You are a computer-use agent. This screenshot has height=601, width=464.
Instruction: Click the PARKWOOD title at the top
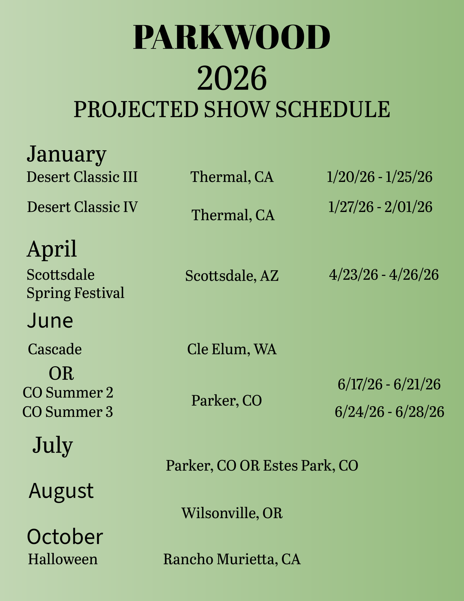pyautogui.click(x=232, y=37)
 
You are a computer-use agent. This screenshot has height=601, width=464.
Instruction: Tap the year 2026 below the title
pyautogui.click(x=232, y=78)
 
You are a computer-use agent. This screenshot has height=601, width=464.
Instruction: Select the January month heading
pyautogui.click(x=67, y=154)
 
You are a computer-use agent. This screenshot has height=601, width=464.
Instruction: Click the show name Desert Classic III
pyautogui.click(x=82, y=177)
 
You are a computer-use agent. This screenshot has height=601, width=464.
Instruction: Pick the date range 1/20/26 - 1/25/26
pyautogui.click(x=379, y=177)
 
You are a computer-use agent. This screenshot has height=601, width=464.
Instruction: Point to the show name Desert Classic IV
pyautogui.click(x=82, y=207)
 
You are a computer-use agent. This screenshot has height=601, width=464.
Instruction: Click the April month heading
pyautogui.click(x=52, y=249)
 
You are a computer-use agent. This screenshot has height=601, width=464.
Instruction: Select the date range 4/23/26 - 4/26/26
pyautogui.click(x=384, y=275)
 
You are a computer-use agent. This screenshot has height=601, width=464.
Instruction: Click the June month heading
pyautogui.click(x=50, y=321)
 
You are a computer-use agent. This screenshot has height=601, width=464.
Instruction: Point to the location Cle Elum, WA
pyautogui.click(x=232, y=349)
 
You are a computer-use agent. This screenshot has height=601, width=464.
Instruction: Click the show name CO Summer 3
pyautogui.click(x=68, y=412)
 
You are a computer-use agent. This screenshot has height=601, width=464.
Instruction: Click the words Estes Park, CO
pyautogui.click(x=311, y=465)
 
